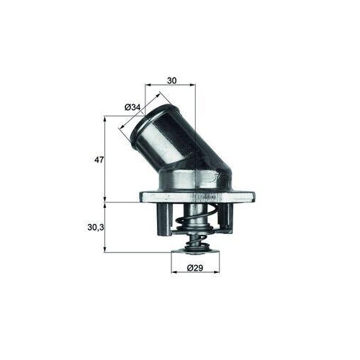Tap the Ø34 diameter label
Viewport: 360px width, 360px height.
pos(132,107)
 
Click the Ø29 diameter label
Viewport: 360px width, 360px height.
pos(194,269)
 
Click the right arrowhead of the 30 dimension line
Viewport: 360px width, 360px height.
pos(194,84)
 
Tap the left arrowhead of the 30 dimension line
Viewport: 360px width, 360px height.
pos(147,84)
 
